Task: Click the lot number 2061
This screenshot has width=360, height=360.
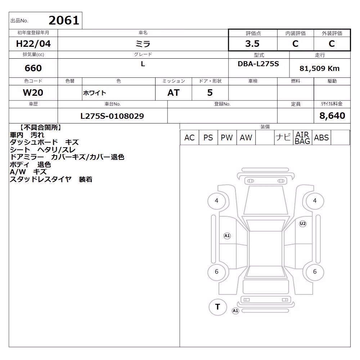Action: [x=64, y=21]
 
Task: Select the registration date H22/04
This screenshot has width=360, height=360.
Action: [x=33, y=44]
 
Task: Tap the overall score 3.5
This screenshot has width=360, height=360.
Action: [x=252, y=44]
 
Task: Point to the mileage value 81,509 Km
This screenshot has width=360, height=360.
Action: [x=319, y=68]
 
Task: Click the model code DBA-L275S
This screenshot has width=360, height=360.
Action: [x=258, y=64]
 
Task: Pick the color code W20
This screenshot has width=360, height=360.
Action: [x=33, y=93]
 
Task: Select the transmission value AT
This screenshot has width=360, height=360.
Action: [x=174, y=93]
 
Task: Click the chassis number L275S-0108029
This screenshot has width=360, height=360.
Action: [x=112, y=116]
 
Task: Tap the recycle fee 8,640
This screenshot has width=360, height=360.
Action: [x=332, y=116]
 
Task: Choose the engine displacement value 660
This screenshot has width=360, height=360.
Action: [x=33, y=68]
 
